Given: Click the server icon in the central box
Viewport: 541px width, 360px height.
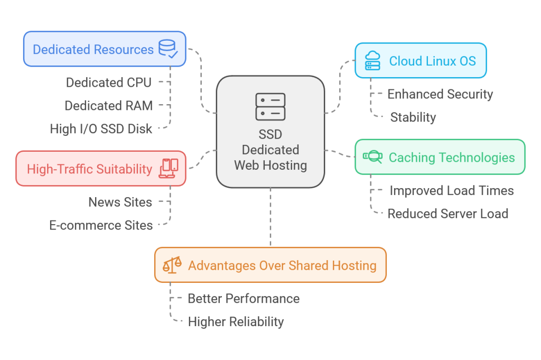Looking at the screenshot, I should click(x=270, y=107).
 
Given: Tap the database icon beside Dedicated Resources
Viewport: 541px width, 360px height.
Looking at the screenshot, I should click(x=169, y=49).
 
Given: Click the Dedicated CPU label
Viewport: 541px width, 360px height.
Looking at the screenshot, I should click(x=108, y=82).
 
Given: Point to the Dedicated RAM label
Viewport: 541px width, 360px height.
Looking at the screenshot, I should click(x=108, y=106).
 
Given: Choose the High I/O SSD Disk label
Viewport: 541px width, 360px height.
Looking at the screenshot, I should click(x=101, y=129).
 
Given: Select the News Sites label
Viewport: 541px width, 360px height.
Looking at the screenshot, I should click(x=120, y=202).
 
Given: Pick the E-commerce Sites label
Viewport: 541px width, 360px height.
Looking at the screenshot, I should click(x=101, y=225).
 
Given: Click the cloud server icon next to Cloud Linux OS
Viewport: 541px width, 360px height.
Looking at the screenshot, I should click(x=372, y=61).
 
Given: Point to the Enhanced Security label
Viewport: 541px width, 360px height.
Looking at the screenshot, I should click(x=440, y=94).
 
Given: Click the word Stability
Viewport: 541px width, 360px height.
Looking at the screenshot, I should click(x=413, y=117).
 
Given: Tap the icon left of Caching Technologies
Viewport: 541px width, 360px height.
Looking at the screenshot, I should click(x=372, y=157).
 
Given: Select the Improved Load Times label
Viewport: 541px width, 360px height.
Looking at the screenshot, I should click(x=452, y=190).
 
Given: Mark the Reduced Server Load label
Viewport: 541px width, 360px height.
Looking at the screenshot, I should click(x=447, y=214).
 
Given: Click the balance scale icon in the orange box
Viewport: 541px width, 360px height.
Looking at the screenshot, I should click(x=172, y=265).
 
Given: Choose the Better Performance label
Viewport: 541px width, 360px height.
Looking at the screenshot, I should click(x=244, y=299).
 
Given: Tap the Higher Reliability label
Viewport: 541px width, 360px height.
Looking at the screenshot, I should click(x=236, y=321).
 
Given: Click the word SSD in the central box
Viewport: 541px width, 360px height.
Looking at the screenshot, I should click(x=270, y=134).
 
